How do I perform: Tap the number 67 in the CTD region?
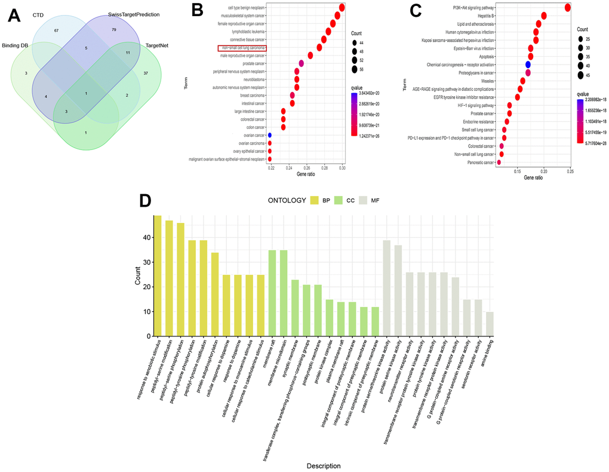[x=56, y=30]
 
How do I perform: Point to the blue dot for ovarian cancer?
[x=270, y=135]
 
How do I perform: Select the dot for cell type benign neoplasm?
[x=342, y=8]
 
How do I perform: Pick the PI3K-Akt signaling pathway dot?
[x=567, y=7]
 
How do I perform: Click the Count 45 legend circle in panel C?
[x=581, y=75]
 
